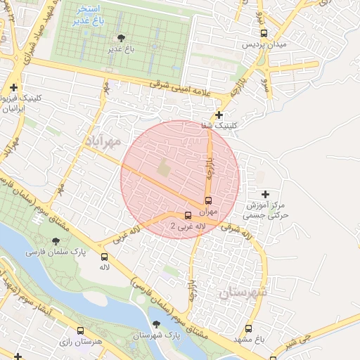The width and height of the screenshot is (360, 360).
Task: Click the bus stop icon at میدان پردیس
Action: [x=264, y=32]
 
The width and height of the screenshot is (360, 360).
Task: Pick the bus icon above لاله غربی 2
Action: [x=188, y=216]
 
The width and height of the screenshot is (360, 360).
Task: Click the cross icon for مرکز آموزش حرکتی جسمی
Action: [x=264, y=193]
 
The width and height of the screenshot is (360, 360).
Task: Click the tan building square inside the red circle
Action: [x=164, y=169]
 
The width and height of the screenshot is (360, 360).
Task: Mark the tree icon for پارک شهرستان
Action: [x=156, y=324]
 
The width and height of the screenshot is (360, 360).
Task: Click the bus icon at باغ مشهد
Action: [x=249, y=328]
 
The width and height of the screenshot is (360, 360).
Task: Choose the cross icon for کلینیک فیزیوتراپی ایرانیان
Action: [x=13, y=88]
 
